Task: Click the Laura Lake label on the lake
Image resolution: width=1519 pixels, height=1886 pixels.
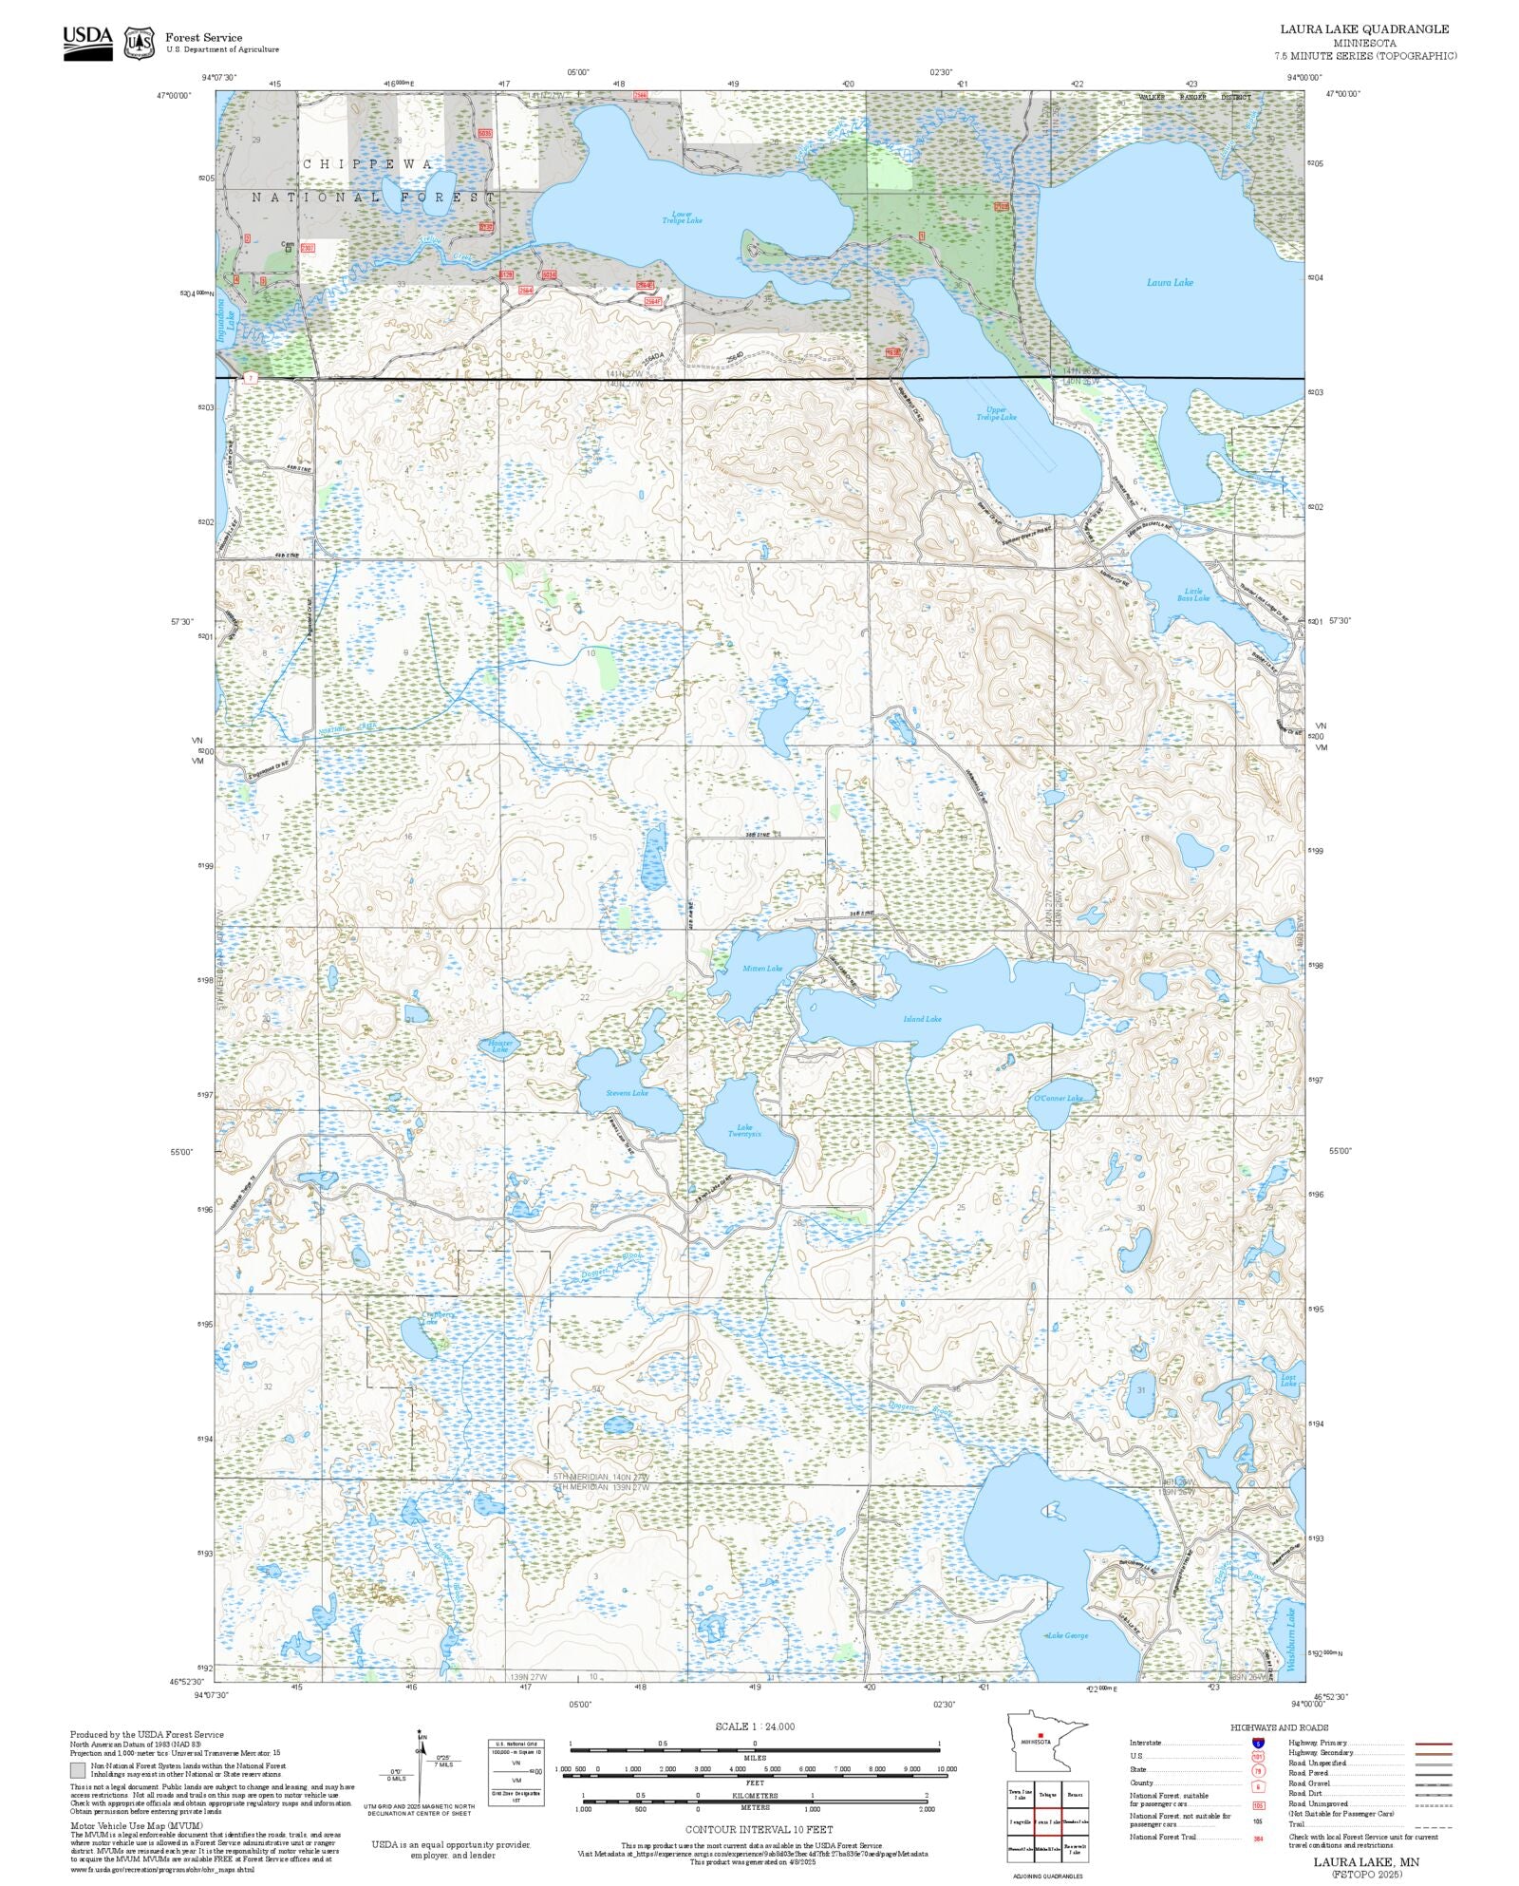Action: point(1170,282)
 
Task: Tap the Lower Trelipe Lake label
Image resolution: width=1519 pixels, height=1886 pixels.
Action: point(682,217)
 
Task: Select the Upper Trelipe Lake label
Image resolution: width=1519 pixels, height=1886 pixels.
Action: point(996,414)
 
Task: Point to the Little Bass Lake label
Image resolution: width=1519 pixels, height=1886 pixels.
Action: point(1193,594)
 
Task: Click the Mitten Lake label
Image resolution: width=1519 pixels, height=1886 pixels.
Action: point(762,969)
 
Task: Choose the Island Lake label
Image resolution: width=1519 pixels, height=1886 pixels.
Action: point(922,1019)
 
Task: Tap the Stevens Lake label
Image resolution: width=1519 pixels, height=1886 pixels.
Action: point(628,1093)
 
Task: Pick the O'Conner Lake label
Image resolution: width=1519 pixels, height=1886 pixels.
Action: point(1058,1099)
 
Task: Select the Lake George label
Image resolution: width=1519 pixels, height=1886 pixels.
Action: point(1067,1635)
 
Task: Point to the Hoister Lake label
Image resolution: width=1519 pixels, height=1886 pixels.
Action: point(500,1046)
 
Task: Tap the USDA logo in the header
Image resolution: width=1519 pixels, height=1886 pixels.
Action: point(87,42)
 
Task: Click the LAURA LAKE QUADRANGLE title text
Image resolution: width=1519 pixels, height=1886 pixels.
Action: point(1364,29)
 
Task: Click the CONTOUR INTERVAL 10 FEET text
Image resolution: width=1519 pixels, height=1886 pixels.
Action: point(759,1829)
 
